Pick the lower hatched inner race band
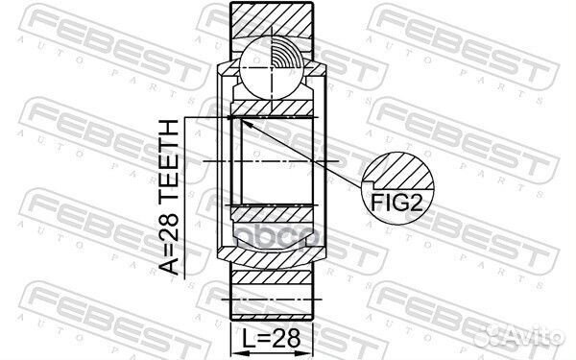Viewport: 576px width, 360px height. coord(275,215)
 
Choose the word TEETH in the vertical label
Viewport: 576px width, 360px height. coord(169,157)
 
